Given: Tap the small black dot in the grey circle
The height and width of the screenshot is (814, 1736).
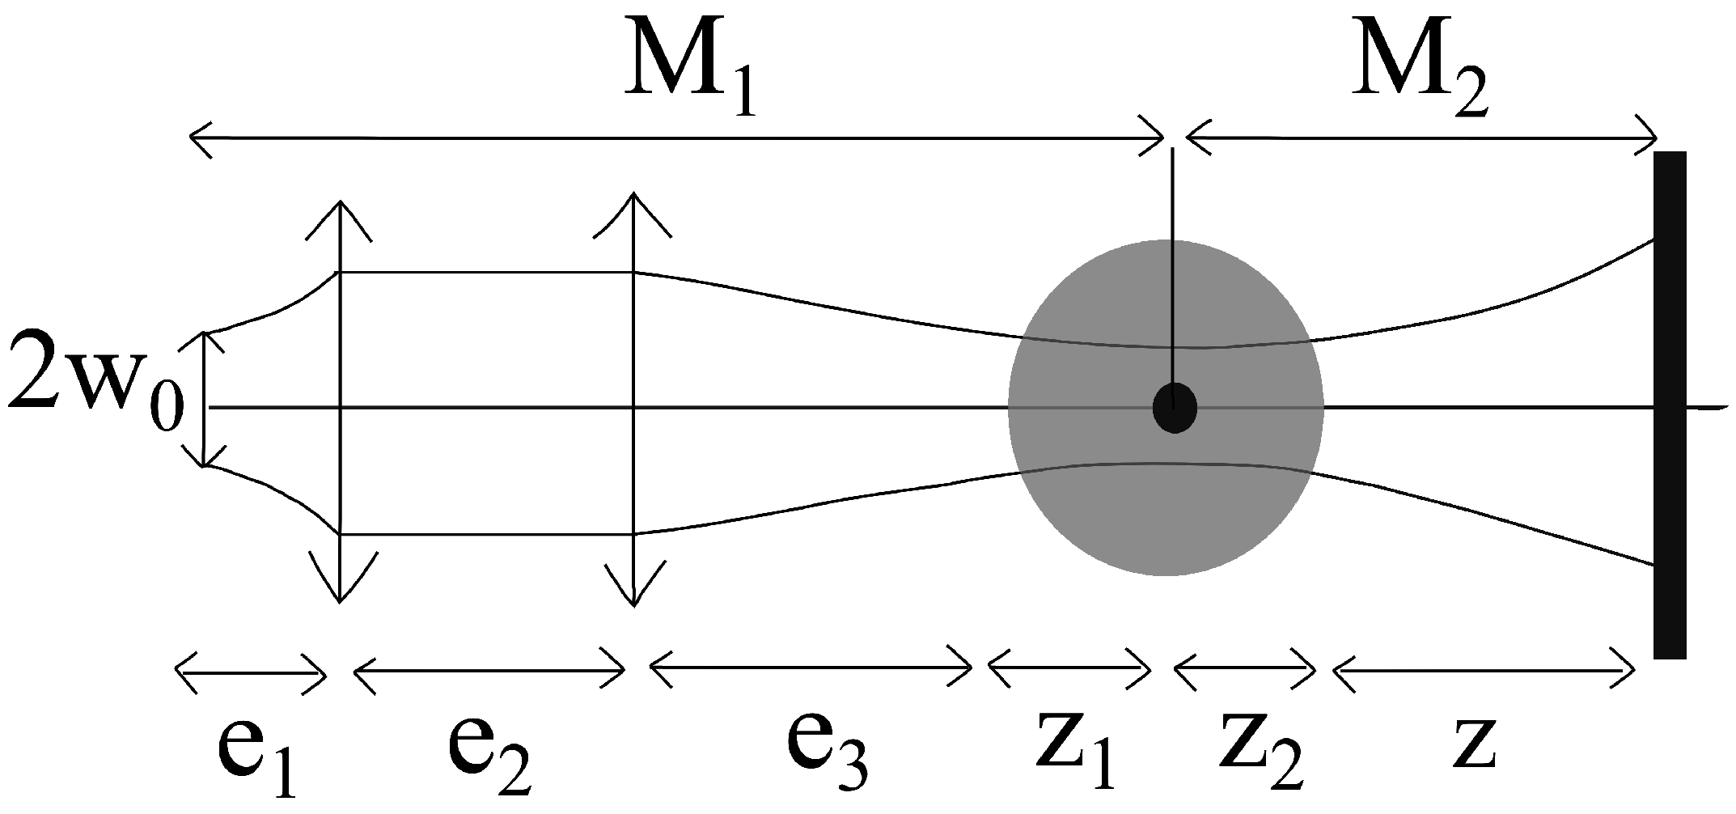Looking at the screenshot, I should pos(1175,407).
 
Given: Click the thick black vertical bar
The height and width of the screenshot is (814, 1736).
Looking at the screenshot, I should pos(1670,405).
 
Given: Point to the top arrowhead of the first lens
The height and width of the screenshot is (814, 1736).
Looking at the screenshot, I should pos(340,214).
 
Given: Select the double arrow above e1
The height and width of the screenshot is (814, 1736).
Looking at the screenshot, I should pos(251,669).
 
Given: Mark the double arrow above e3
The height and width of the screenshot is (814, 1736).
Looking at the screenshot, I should pos(811,669).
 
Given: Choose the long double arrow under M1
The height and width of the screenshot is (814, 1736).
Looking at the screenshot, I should pos(676,138).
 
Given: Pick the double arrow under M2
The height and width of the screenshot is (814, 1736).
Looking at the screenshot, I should pos(1421,138).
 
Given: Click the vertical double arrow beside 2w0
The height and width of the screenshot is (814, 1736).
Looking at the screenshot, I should pos(205,400).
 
